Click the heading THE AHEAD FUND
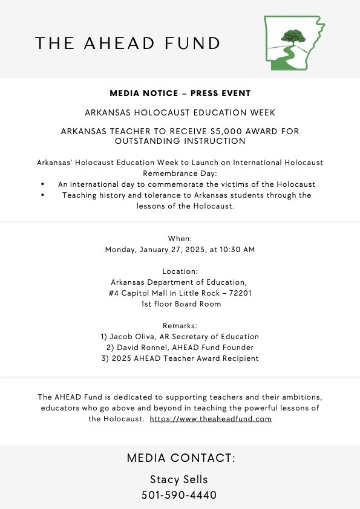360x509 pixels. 128,43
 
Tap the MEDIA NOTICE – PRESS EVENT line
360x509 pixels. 180,94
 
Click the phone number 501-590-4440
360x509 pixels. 180,495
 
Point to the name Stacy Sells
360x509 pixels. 180,479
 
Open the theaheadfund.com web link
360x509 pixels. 211,419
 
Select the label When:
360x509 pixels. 180,238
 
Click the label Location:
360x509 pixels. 180,271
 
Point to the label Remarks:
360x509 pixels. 180,326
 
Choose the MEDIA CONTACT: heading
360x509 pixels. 181,458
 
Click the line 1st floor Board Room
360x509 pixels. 180,304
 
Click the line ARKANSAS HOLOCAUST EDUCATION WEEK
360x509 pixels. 180,112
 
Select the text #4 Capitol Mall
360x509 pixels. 129,293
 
